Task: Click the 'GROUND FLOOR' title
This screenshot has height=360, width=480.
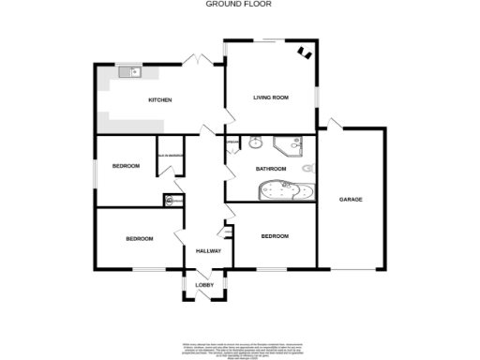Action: (x=239, y=5)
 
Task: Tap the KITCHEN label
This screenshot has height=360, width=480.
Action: (x=158, y=99)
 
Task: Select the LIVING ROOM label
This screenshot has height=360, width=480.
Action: (x=270, y=97)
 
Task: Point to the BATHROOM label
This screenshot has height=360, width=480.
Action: (x=271, y=169)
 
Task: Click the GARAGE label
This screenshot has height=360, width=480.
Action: (x=351, y=200)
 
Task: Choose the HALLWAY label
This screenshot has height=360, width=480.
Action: (x=207, y=251)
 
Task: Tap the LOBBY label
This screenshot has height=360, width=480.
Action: (x=204, y=284)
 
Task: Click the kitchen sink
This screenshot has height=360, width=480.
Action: (x=128, y=71)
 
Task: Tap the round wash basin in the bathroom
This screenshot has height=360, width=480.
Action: (x=254, y=143)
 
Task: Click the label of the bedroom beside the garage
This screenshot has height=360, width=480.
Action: (x=275, y=236)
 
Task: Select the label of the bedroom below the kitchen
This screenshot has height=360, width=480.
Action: (x=126, y=166)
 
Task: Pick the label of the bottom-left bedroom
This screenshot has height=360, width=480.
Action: (x=139, y=239)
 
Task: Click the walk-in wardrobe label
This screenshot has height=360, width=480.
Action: (x=170, y=156)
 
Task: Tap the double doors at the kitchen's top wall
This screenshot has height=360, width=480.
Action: (x=196, y=60)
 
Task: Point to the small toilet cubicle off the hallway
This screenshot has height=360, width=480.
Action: (x=172, y=200)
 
